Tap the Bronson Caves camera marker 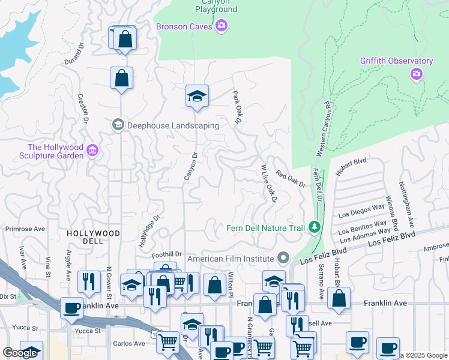click(x=221, y=25)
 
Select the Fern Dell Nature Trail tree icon click(x=313, y=227)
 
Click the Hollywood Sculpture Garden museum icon click(x=92, y=149)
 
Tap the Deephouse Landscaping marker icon click(x=118, y=125)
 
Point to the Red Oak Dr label click(x=291, y=178)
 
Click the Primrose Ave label click(x=25, y=229)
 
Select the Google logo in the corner click(x=20, y=353)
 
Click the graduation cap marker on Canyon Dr click(x=196, y=96)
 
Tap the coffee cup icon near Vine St click(x=72, y=308)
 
